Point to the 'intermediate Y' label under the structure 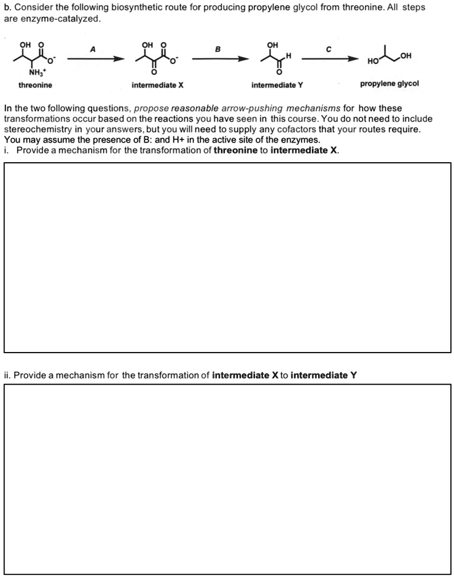pos(273,85)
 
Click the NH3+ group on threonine pos(29,71)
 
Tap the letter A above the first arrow pos(93,49)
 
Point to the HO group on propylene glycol pos(373,61)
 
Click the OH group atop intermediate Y pos(272,45)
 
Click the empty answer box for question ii pos(227,478)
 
